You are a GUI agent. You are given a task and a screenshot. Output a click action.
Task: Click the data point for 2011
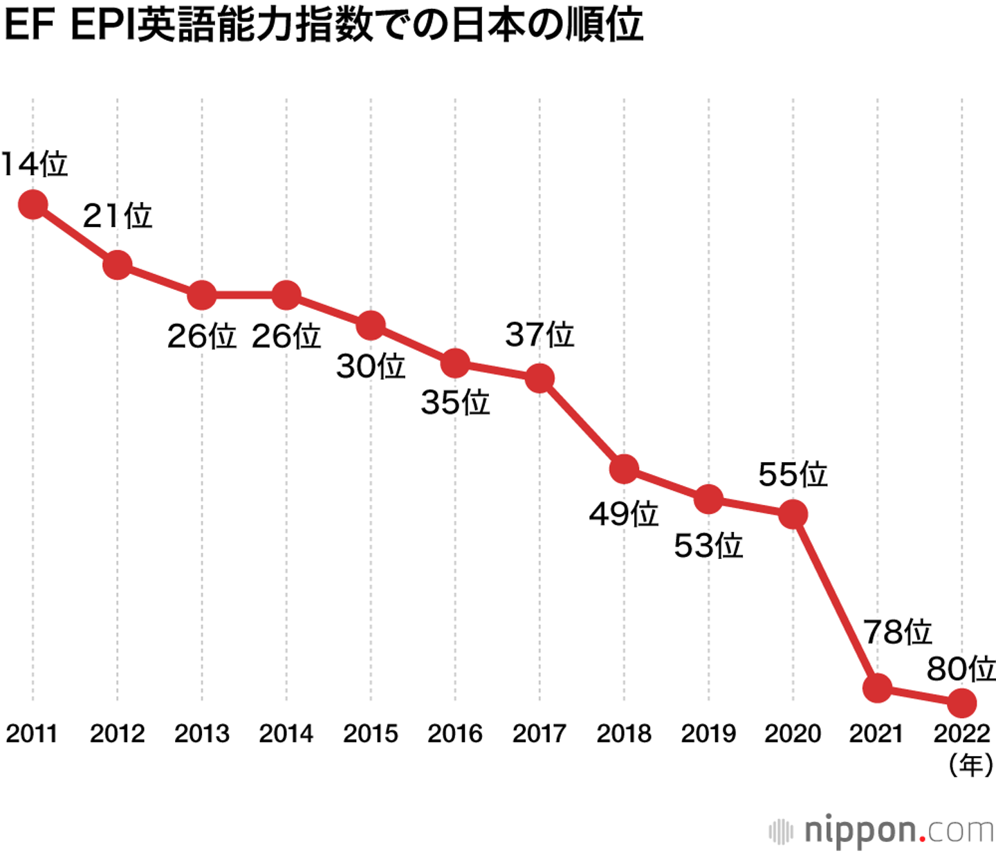pos(33,205)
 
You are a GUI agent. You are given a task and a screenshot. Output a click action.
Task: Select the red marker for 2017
pos(539,378)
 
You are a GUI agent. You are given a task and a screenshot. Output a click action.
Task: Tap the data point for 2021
pos(877,688)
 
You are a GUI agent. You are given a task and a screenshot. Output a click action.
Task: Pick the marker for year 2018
pos(624,469)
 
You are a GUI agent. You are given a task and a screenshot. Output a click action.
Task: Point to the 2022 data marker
pos(961,703)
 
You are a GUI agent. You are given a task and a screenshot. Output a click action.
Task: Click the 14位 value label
pos(35,165)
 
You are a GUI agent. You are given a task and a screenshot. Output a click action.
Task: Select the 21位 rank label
pos(118,216)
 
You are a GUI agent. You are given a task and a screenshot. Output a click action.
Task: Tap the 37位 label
pos(539,335)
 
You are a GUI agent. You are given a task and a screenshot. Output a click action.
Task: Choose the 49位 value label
pos(624,514)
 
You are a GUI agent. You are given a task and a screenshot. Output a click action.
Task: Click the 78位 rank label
pos(897,632)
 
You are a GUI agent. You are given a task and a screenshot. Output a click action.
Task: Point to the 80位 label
pos(961,669)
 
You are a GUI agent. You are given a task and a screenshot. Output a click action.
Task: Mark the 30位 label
pos(371,366)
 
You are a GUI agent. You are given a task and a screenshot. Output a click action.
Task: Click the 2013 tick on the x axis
pos(202,733)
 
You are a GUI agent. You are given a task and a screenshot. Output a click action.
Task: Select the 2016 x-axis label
pos(455,733)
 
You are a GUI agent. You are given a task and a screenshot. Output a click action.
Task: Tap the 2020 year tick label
pos(793,733)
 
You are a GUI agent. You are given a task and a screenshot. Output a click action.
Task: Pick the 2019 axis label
pos(708,733)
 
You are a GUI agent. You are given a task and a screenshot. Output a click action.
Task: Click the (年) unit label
pos(971,765)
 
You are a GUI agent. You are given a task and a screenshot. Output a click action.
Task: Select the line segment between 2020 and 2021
pos(835,601)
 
